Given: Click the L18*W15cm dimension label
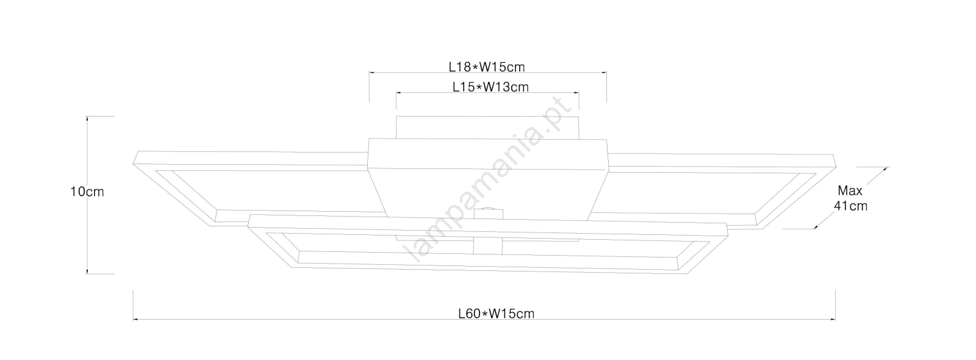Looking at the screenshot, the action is click(487, 67).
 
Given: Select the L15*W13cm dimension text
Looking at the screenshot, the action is click(490, 87).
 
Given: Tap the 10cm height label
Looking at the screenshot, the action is click(87, 192).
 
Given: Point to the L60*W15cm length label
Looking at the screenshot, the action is click(497, 314).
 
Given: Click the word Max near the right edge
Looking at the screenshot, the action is click(850, 191).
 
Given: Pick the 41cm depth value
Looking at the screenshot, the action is click(850, 206).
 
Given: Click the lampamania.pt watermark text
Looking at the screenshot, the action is click(488, 180).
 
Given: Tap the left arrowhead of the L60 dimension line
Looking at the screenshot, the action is click(135, 320).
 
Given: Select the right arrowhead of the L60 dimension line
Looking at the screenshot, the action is click(833, 320).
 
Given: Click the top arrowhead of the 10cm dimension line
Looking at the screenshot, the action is click(87, 119).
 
